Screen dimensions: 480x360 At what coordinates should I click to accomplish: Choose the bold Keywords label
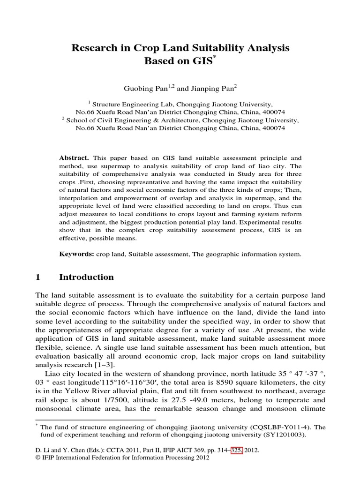pos(76,255)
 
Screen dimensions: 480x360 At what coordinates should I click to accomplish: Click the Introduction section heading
pos(86,277)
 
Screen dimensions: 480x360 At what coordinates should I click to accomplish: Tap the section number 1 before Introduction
pos(38,277)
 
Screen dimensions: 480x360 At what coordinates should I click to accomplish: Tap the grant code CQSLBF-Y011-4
pos(266,427)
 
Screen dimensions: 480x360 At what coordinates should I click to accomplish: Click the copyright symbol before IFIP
pos(38,458)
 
